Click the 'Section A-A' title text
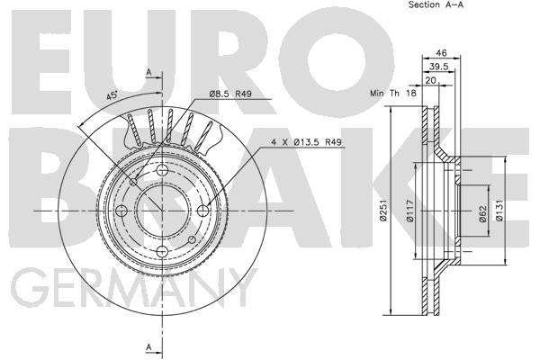(x=436, y=4)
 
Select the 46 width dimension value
(x=441, y=53)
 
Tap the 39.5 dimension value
(x=439, y=67)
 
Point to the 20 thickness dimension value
(x=431, y=80)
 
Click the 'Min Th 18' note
(x=393, y=93)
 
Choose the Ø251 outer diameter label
(x=383, y=210)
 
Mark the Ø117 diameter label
(x=410, y=211)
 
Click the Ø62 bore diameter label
(x=483, y=213)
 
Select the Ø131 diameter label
(x=499, y=211)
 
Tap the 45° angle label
(x=112, y=95)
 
